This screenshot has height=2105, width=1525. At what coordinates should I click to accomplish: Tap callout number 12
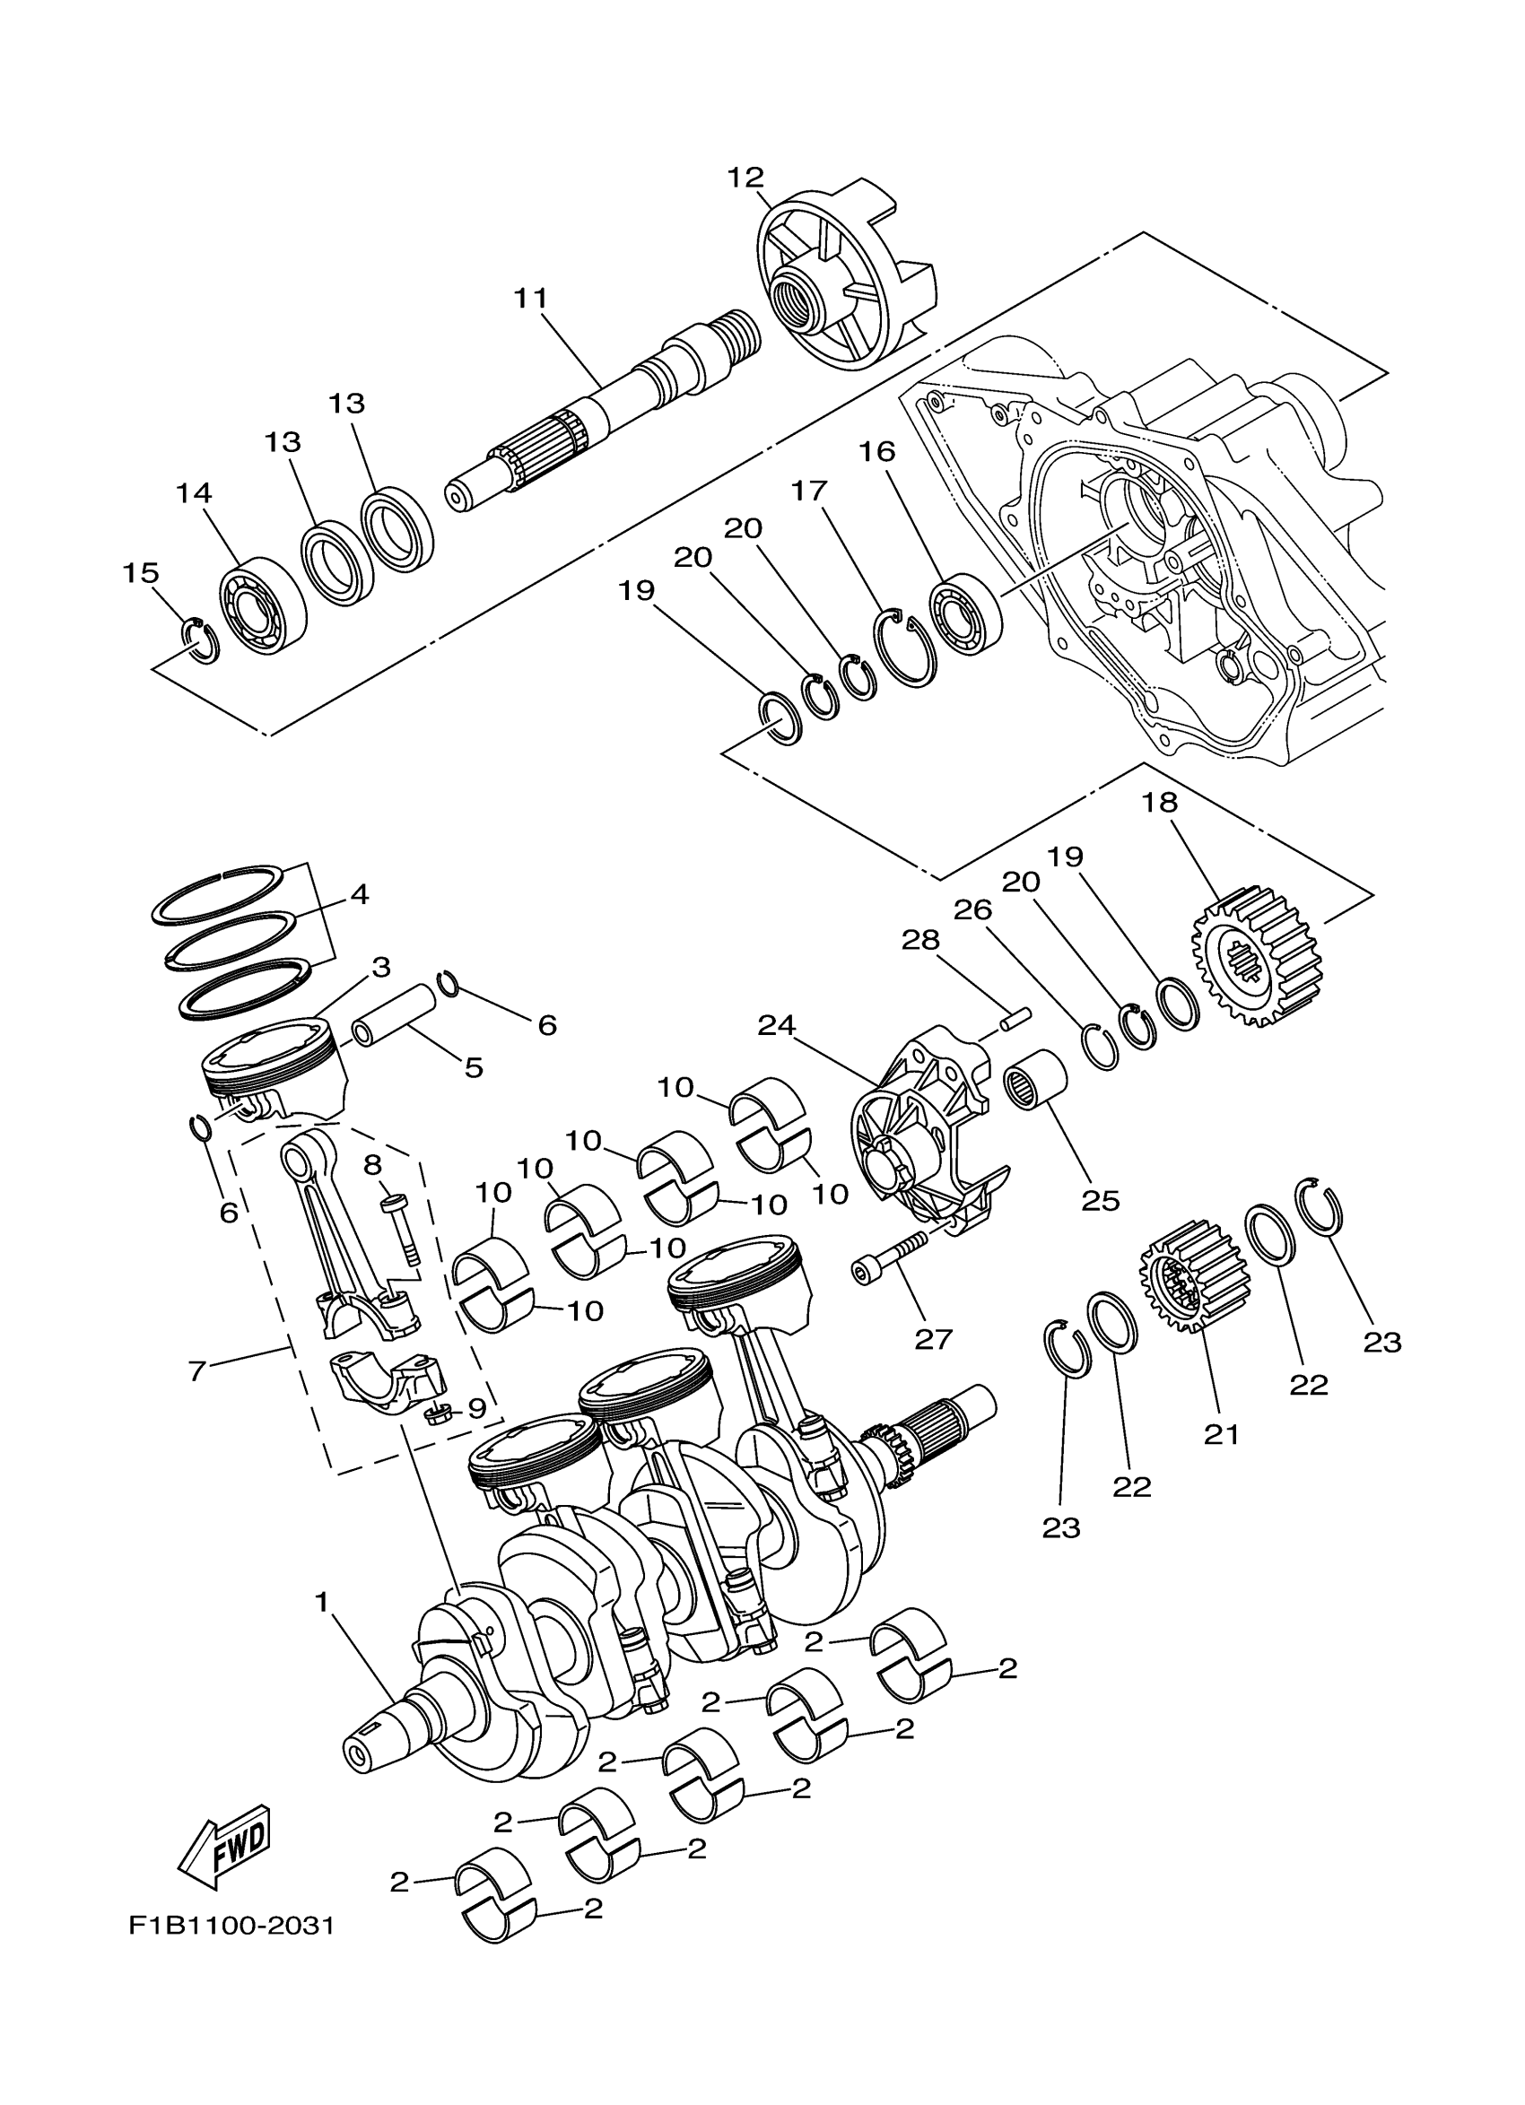[x=745, y=178]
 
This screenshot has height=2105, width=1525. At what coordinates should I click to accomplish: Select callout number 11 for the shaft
[x=531, y=298]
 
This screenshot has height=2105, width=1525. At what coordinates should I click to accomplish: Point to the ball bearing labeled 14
[x=264, y=610]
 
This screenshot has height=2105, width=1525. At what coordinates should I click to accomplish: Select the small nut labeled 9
[x=436, y=1414]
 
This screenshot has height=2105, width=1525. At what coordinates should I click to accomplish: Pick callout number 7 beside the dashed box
[x=196, y=1370]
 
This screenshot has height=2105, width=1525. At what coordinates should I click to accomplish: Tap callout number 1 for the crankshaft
[x=322, y=1603]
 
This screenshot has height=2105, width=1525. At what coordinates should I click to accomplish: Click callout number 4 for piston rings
[x=359, y=895]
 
